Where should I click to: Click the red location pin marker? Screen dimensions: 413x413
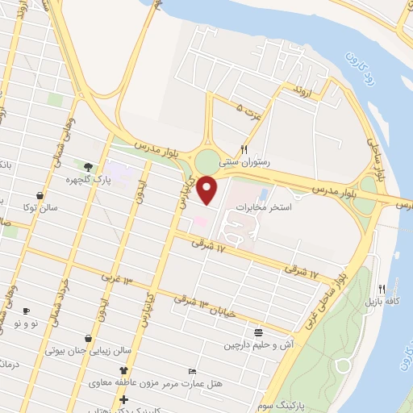click(x=208, y=190)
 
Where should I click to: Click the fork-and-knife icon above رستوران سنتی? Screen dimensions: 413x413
click(x=244, y=149)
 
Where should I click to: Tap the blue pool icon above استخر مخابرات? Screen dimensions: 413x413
click(x=263, y=194)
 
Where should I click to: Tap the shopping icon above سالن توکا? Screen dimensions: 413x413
click(x=40, y=194)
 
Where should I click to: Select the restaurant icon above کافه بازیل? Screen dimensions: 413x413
click(x=382, y=288)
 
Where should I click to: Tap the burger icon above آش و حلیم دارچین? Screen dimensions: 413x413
click(x=258, y=332)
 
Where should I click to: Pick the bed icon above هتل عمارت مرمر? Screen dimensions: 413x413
click(x=191, y=370)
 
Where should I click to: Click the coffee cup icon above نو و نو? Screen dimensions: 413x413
click(x=27, y=311)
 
